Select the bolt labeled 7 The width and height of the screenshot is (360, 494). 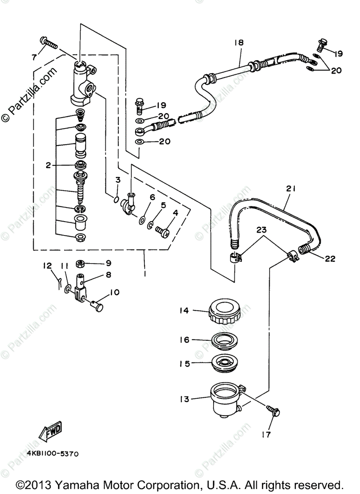[49, 42]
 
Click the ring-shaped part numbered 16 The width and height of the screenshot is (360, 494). [224, 340]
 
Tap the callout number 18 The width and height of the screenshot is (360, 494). [239, 42]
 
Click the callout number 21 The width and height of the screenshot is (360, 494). [291, 189]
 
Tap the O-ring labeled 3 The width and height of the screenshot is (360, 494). [116, 200]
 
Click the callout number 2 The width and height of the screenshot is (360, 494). [49, 165]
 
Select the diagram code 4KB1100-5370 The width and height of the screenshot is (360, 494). [53, 454]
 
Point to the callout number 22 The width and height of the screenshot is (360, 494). [330, 259]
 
